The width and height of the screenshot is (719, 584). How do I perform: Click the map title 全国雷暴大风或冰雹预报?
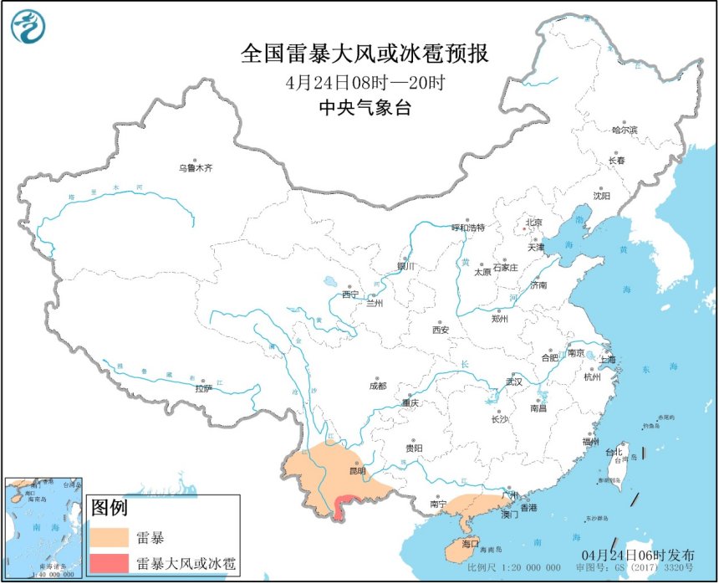(364, 54)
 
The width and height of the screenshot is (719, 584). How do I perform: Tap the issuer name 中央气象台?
(364, 108)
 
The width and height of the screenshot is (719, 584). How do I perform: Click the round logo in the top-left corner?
(27, 27)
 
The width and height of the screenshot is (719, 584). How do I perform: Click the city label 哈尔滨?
(624, 130)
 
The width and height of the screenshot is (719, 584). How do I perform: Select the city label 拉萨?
(203, 388)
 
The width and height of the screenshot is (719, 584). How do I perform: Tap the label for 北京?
(533, 223)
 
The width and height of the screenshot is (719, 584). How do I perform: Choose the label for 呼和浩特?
(467, 228)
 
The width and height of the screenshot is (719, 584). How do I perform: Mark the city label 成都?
(377, 386)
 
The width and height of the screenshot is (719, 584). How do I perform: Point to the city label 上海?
(607, 360)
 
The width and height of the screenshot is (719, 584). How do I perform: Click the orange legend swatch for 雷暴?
(110, 535)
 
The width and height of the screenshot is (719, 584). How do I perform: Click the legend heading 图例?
(109, 507)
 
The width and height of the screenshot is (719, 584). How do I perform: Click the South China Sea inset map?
(43, 527)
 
